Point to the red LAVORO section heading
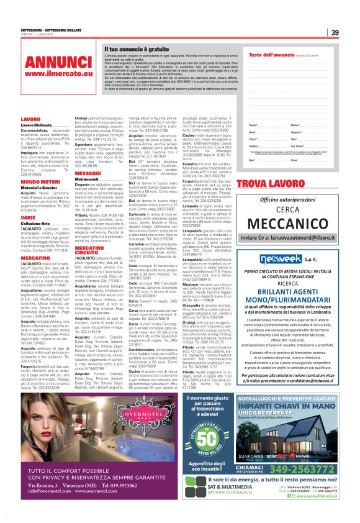pos(30,119)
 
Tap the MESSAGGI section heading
pos(88,156)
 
